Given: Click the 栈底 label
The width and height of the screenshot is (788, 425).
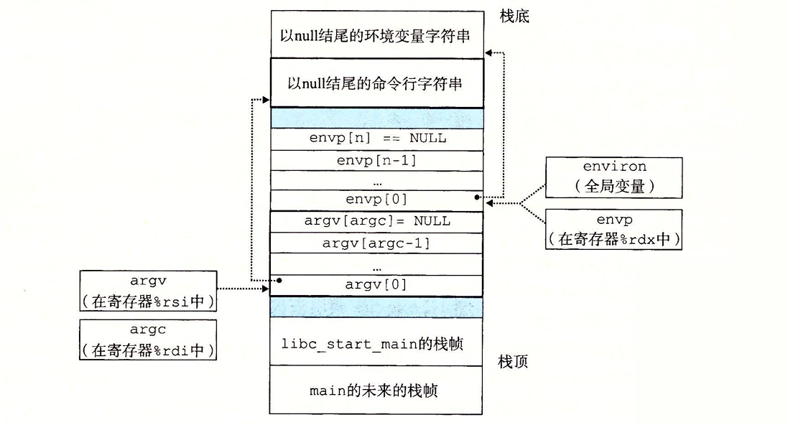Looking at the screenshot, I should click(x=514, y=16).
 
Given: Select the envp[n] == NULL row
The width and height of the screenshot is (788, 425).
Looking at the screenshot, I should click(x=376, y=139).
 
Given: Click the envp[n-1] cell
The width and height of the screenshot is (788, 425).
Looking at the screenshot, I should click(x=376, y=160).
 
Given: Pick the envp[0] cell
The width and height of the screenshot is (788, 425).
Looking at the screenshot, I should click(x=376, y=199).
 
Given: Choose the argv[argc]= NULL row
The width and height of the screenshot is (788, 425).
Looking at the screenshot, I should click(x=376, y=221).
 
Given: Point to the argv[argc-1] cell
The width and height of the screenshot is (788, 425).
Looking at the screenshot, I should click(x=376, y=243).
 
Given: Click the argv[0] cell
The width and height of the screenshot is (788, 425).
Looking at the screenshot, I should click(x=376, y=285).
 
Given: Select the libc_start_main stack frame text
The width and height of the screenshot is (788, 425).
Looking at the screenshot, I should click(x=376, y=344).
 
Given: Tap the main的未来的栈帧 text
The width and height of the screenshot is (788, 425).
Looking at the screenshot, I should click(x=376, y=391).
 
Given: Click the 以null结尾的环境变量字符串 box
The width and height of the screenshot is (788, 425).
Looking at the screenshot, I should click(x=376, y=34).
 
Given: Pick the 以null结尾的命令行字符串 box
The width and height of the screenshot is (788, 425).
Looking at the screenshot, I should click(x=376, y=83).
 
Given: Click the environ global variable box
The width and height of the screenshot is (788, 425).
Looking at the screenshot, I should click(x=613, y=177).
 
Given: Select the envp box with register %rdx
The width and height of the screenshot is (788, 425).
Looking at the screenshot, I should click(x=613, y=229).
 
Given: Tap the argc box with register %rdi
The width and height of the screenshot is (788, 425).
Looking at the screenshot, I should click(x=148, y=340).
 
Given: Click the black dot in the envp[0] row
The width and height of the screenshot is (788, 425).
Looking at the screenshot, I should click(x=477, y=196).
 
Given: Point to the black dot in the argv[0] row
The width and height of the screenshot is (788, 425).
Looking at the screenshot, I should click(x=278, y=280).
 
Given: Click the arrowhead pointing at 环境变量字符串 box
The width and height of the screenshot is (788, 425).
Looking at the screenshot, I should click(x=488, y=52).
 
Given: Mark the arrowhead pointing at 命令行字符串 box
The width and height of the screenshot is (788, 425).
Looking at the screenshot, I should click(x=266, y=99).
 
